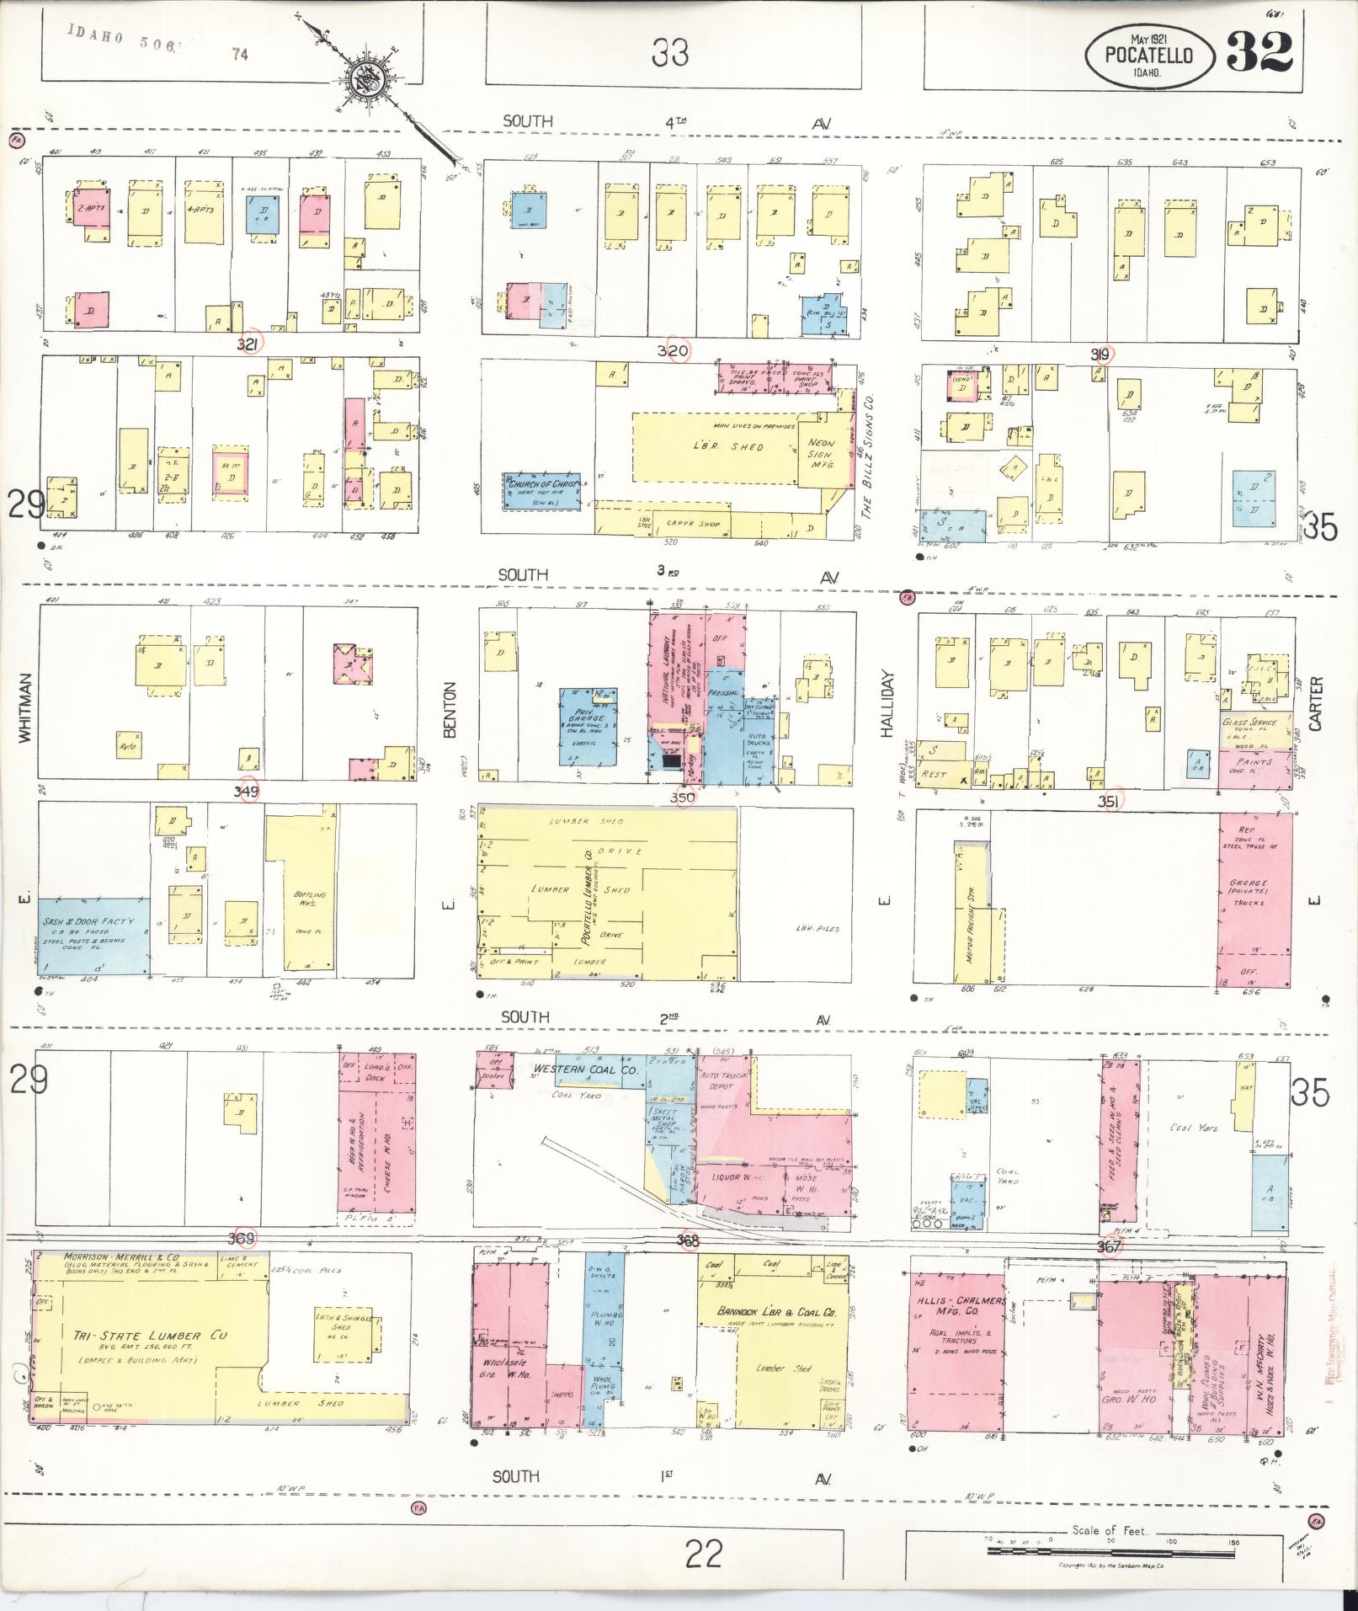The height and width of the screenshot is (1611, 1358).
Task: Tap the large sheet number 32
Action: click(x=1259, y=52)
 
